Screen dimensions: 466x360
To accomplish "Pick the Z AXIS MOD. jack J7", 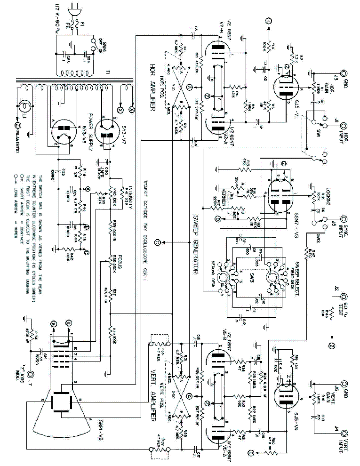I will tap(31, 375).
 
